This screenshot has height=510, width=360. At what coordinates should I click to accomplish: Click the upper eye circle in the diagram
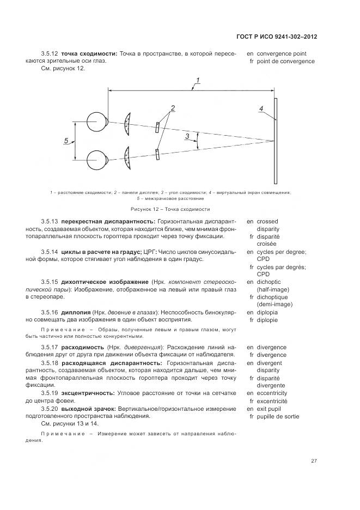[x=97, y=120]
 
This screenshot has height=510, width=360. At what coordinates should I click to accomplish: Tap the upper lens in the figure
[x=127, y=124]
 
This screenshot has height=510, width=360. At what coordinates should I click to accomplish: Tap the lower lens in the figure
[x=127, y=156]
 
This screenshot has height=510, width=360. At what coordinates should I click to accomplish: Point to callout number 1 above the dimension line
[x=198, y=81]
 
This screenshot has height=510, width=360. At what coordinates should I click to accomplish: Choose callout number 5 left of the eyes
[x=66, y=141]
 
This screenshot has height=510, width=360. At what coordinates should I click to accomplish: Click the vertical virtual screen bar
[x=276, y=141]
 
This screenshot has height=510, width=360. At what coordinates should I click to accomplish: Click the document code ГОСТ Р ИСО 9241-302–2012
[x=277, y=37]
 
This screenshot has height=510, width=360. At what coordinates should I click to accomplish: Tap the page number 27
[x=314, y=461]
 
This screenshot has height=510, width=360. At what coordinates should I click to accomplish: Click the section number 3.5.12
[x=49, y=53]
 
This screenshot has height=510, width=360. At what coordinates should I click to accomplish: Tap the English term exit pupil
[x=271, y=409]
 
